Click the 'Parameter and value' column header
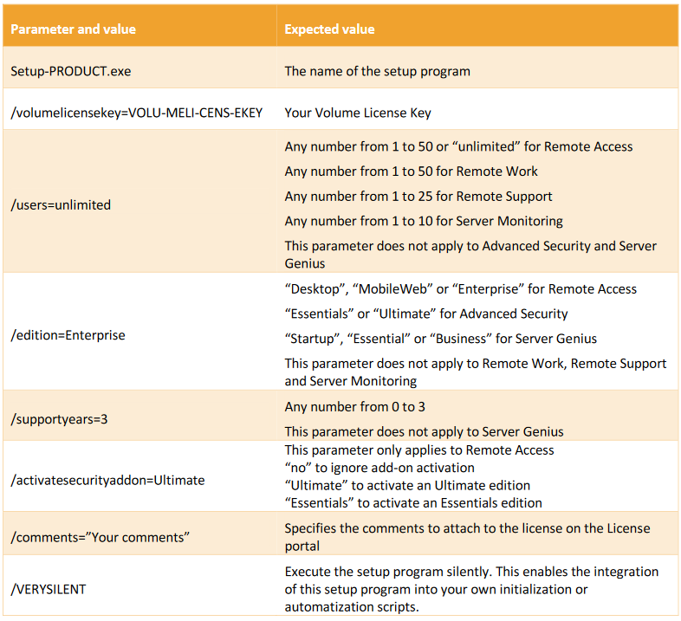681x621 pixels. click(73, 29)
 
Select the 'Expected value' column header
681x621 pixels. click(329, 29)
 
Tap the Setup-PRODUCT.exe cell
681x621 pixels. click(71, 71)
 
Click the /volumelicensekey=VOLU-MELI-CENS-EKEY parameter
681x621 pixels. click(136, 113)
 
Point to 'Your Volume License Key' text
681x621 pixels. click(358, 113)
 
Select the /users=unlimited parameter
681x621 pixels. click(61, 205)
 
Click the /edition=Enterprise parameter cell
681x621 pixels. click(68, 335)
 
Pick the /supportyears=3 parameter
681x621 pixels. click(58, 418)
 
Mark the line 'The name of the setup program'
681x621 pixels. click(377, 71)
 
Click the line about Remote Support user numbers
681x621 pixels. click(418, 196)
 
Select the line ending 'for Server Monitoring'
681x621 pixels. click(424, 221)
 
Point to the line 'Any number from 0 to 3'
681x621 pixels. click(354, 407)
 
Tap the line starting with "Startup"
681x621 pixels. click(440, 338)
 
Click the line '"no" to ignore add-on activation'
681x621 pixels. click(380, 469)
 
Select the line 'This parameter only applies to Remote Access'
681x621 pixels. click(418, 450)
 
